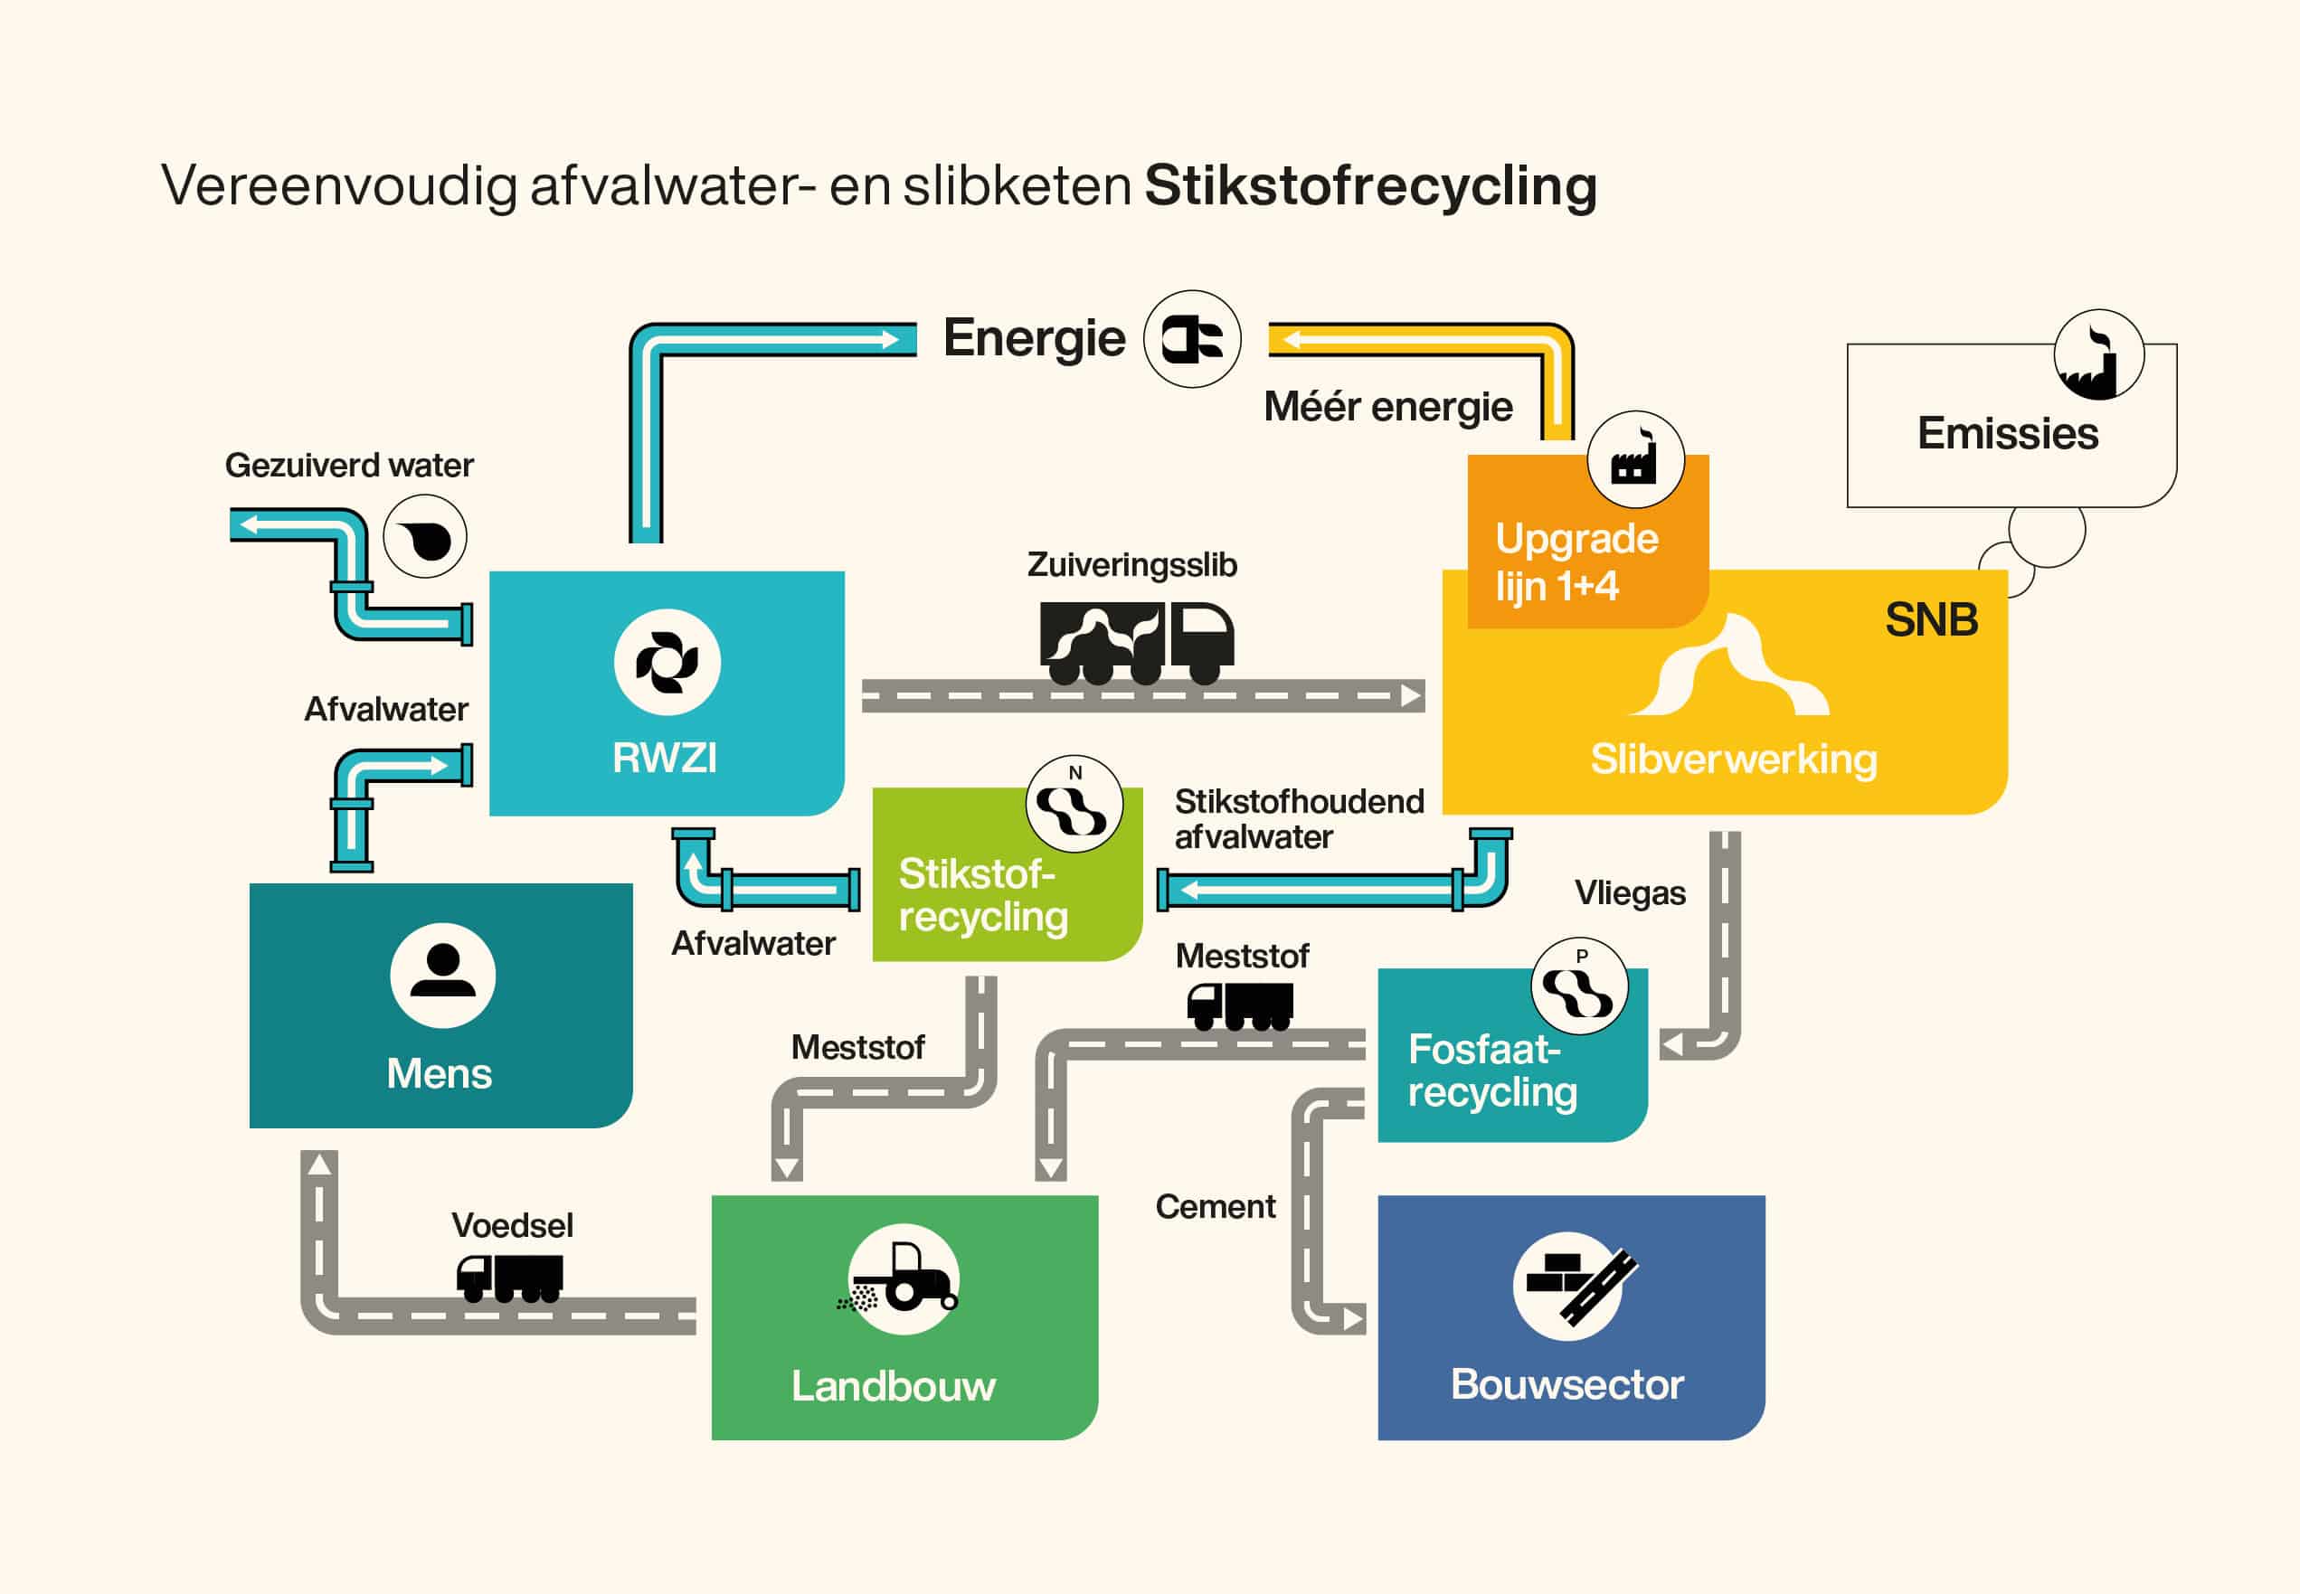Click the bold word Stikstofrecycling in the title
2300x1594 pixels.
tap(1371, 187)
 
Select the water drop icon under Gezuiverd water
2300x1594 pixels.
tap(424, 536)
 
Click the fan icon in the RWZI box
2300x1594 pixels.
tap(667, 662)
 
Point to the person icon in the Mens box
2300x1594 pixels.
tap(442, 975)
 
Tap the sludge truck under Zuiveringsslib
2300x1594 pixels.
tap(1137, 643)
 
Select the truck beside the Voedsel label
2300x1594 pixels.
tap(509, 1278)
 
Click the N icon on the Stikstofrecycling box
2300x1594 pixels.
tap(1074, 804)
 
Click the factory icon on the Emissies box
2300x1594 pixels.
tap(2099, 354)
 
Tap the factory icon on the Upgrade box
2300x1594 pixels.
tap(1635, 460)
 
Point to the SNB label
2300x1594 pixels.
tap(1931, 620)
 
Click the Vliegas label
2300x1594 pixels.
tap(1631, 893)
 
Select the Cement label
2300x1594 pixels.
tap(1215, 1206)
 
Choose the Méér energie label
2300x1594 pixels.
tap(1387, 408)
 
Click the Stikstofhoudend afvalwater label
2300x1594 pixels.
tap(1299, 819)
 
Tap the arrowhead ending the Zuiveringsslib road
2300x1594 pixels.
tap(1412, 696)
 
